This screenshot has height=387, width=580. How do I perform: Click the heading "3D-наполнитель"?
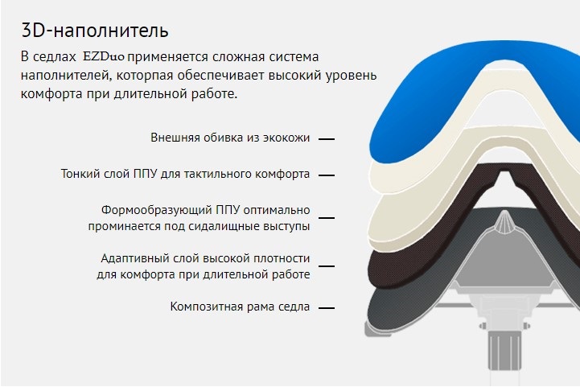click(x=95, y=31)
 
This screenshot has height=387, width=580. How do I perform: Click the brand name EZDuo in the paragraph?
click(x=104, y=57)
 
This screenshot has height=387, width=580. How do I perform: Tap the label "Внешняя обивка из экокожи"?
click(x=230, y=138)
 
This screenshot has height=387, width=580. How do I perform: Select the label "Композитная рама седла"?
click(x=240, y=307)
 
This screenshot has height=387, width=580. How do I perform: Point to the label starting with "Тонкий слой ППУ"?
click(x=185, y=174)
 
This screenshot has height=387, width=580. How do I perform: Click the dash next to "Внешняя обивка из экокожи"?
click(x=327, y=139)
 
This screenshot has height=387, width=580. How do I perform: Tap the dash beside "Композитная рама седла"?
click(x=327, y=307)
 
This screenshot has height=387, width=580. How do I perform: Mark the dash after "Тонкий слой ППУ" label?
click(x=327, y=175)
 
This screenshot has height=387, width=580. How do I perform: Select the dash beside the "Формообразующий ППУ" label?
click(x=327, y=218)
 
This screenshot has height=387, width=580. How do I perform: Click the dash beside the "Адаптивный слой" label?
click(x=327, y=266)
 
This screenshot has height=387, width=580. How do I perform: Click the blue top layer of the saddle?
click(x=426, y=111)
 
